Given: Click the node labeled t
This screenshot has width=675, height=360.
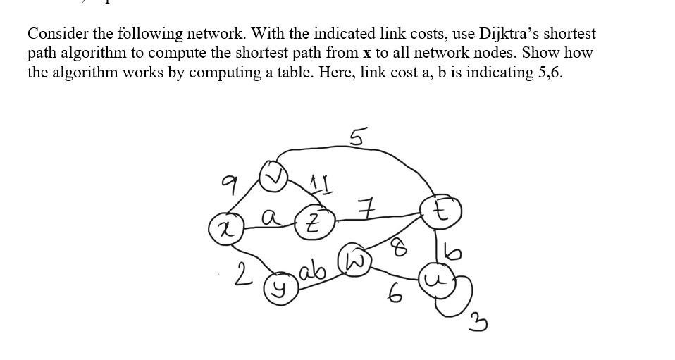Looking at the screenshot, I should point(441,211).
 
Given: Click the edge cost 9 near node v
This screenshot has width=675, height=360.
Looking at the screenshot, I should point(228,185).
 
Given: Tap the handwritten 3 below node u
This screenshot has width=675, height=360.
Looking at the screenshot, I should point(480,323).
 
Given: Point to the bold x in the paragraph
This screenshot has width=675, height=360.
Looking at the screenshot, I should point(366,54).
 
